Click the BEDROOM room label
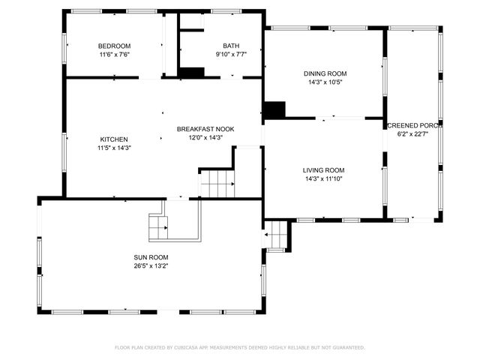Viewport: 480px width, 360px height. click(114, 46)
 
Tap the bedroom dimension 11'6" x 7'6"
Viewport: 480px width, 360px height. click(114, 55)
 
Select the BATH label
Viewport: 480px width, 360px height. click(230, 46)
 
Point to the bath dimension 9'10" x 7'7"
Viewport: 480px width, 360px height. click(230, 55)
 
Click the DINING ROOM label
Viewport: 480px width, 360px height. click(325, 73)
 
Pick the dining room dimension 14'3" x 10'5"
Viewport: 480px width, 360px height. click(325, 82)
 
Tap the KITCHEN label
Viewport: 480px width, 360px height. click(114, 139)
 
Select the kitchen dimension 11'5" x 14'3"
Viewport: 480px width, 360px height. click(114, 148)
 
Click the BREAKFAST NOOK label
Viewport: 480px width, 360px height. click(205, 129)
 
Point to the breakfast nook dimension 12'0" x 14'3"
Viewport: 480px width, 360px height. click(205, 138)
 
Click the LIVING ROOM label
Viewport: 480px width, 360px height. click(324, 170)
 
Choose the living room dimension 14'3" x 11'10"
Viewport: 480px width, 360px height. click(324, 179)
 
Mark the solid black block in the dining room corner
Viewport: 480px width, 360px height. click(274, 109)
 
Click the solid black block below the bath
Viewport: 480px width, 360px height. click(193, 73)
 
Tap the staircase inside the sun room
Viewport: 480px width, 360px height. click(159, 226)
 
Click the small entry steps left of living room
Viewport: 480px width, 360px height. click(277, 235)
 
